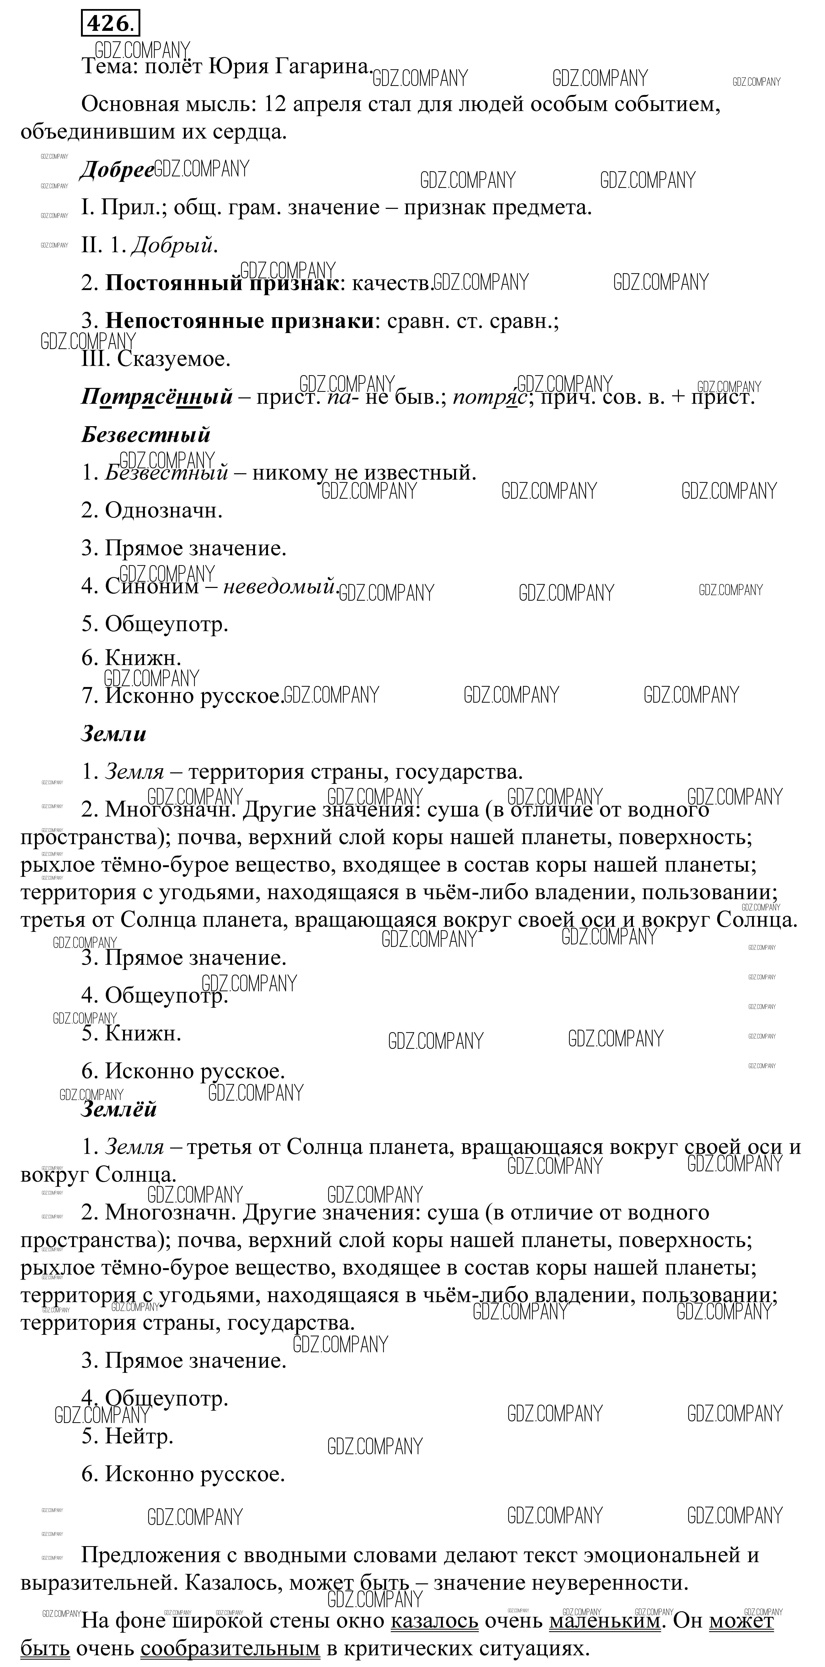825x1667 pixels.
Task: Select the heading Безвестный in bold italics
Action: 146,434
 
